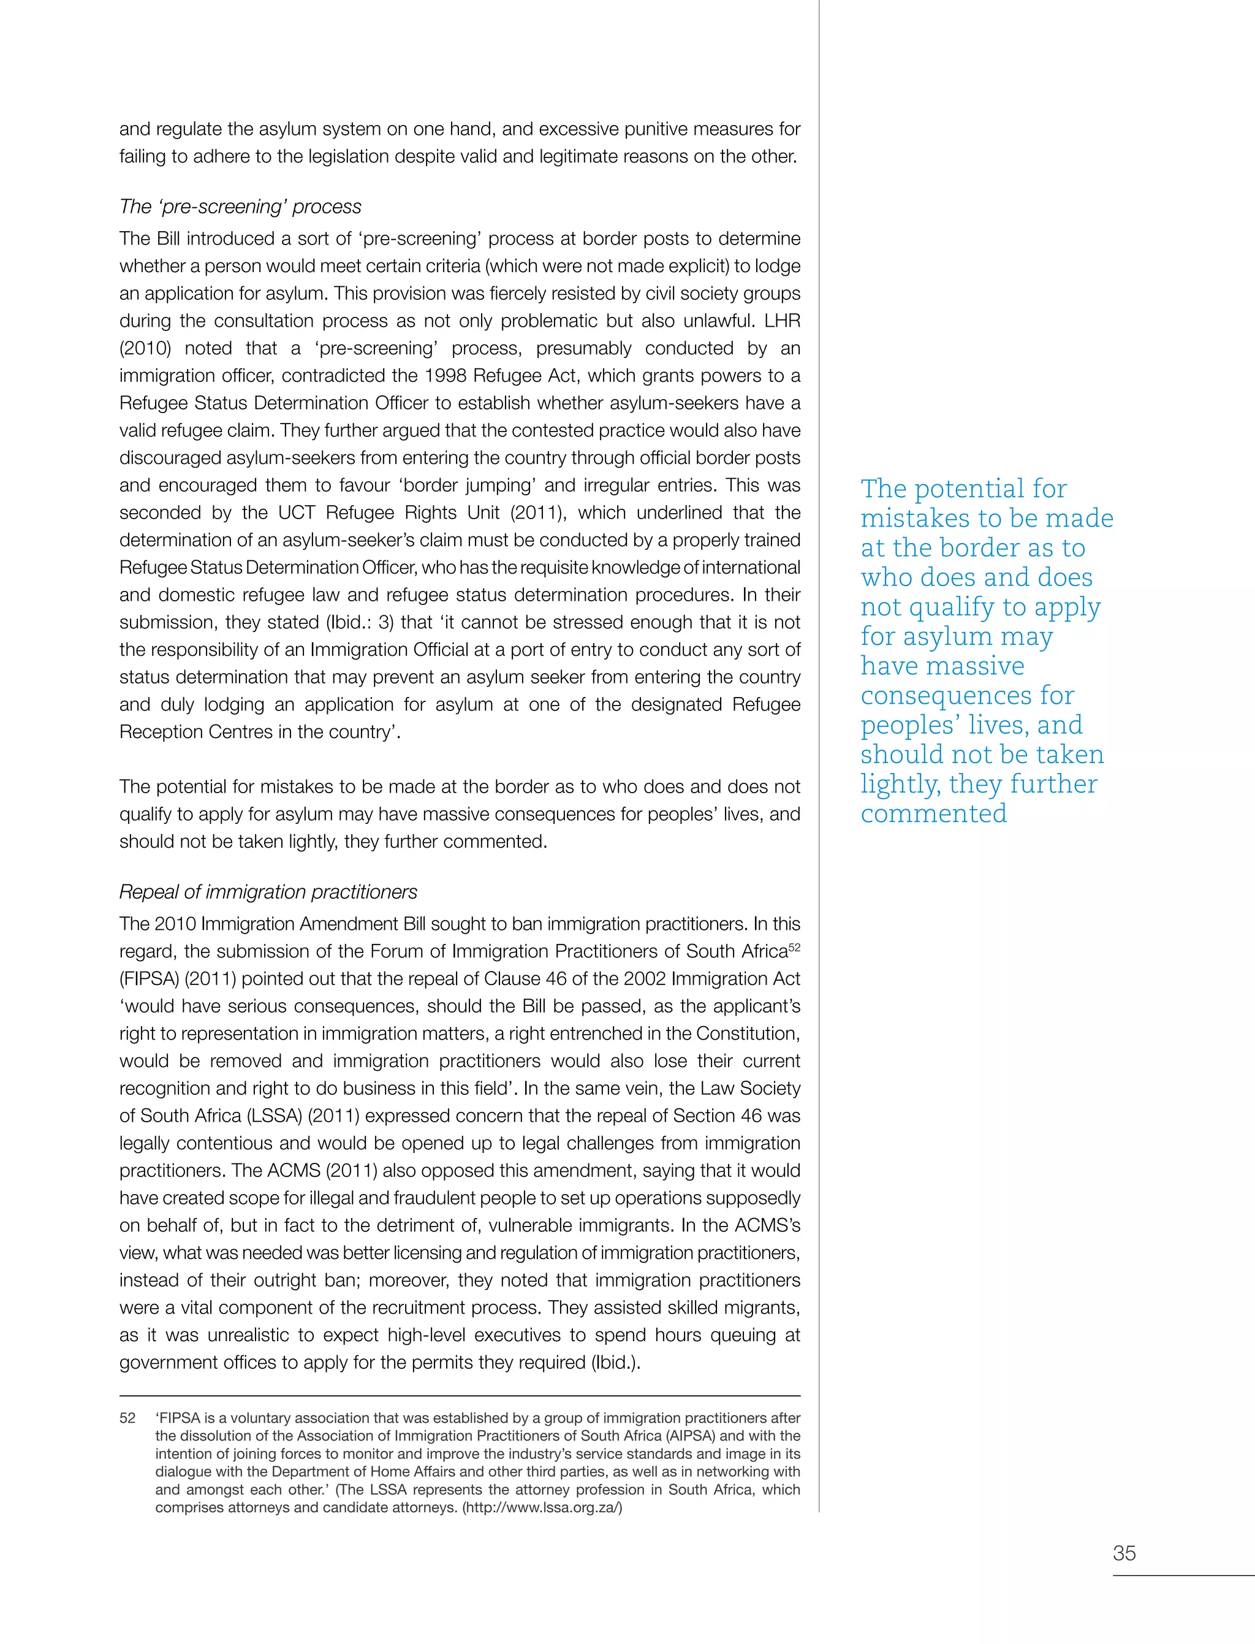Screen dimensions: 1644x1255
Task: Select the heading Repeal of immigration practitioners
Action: click(268, 892)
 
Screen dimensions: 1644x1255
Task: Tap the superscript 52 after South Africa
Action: click(794, 947)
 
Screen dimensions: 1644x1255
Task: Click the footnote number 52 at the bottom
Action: click(127, 1418)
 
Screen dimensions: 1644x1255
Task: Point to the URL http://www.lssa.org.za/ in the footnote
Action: click(542, 1507)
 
